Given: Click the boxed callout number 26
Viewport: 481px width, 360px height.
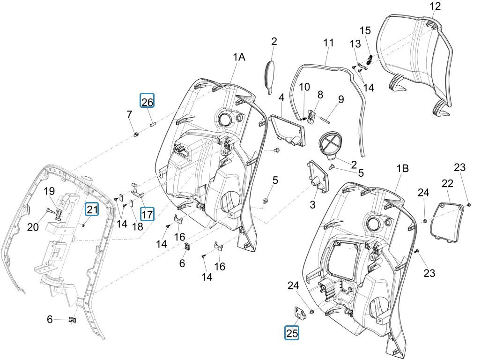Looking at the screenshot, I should [x=147, y=101].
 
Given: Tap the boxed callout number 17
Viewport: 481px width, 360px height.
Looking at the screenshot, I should [x=147, y=214].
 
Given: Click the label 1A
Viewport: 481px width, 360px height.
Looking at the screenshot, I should [x=239, y=57].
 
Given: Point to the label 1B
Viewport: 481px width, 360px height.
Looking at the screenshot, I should [x=403, y=169].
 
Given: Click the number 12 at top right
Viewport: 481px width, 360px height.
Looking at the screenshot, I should [x=435, y=6].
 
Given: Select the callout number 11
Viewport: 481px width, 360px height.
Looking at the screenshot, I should [x=328, y=43].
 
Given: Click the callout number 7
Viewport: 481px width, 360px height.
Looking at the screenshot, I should [x=129, y=114].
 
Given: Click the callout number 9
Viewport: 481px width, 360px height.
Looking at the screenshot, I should [x=340, y=99].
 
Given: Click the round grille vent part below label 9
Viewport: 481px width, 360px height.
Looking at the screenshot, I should [x=333, y=142].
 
